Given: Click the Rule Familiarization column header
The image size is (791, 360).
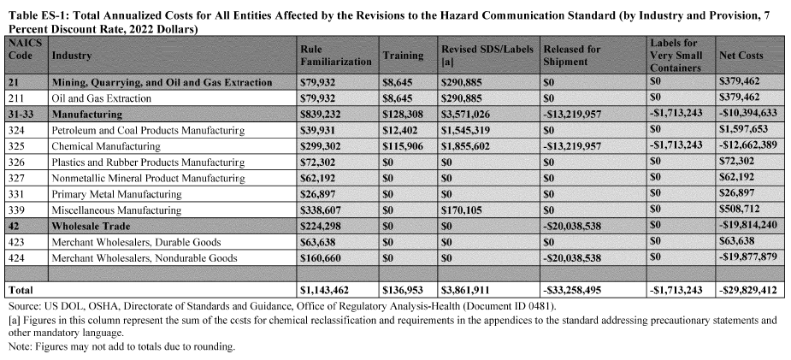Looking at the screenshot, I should click(x=335, y=56).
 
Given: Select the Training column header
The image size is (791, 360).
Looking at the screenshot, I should click(x=403, y=56).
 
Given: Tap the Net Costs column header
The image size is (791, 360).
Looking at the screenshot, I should click(x=741, y=56).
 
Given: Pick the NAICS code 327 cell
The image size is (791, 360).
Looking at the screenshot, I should click(x=17, y=179).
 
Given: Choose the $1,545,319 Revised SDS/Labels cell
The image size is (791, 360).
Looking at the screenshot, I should click(x=467, y=130).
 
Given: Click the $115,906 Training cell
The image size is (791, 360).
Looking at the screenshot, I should click(x=403, y=146).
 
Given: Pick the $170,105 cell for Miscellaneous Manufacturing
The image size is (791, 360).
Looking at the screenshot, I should click(x=463, y=210).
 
